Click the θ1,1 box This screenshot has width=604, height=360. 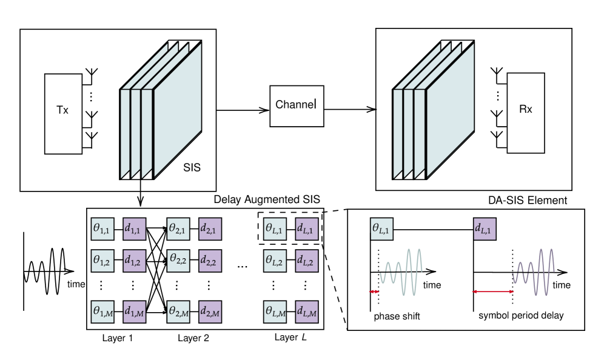tap(102, 229)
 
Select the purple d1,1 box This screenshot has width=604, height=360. tap(135, 229)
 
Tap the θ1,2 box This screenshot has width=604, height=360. tap(102, 261)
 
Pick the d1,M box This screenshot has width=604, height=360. tap(135, 312)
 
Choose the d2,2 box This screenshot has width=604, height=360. tap(210, 261)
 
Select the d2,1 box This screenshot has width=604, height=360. tap(210, 229)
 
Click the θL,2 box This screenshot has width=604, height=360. tap(275, 261)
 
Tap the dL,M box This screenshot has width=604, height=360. tap(307, 312)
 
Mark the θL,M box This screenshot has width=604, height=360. tap(275, 312)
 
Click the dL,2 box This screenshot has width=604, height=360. tap(307, 261)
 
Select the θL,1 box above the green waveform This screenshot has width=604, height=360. tap(381, 229)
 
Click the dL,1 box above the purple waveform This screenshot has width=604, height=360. tap(485, 229)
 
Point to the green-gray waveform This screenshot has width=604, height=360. tap(401, 273)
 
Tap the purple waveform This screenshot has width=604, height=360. tap(534, 273)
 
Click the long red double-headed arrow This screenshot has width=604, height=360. tap(493, 292)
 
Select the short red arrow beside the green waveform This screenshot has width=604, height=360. tap(374, 292)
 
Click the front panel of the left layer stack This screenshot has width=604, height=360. tap(178, 112)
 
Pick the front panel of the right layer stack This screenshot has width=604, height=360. tap(451, 112)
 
